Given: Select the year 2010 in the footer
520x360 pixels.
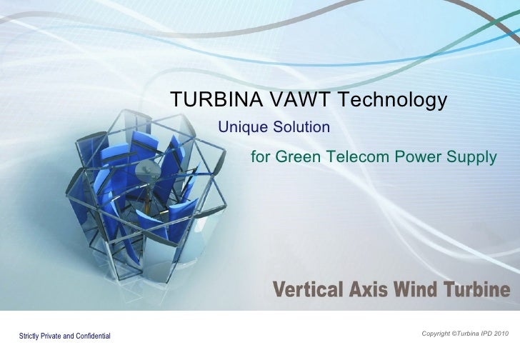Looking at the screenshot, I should click(x=501, y=334).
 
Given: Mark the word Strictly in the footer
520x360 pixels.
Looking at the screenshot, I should click(x=30, y=336).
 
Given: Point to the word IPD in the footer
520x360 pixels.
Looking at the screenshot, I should click(x=485, y=334).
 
